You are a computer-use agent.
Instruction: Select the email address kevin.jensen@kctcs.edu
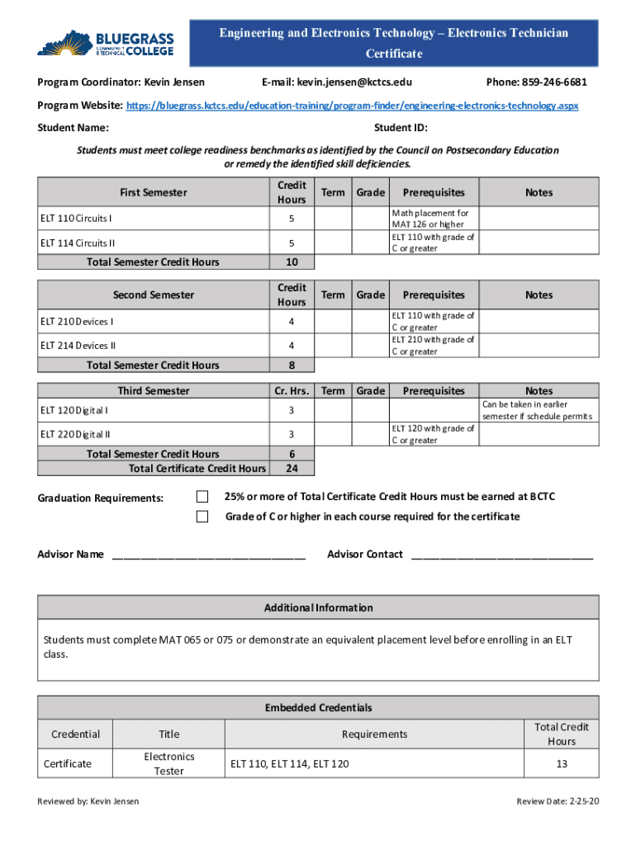click(349, 83)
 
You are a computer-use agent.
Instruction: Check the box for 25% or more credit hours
click(202, 496)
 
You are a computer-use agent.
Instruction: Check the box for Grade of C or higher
click(202, 517)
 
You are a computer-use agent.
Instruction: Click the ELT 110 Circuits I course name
click(76, 219)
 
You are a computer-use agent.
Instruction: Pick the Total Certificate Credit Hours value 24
click(292, 469)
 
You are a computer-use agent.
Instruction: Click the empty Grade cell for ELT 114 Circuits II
click(370, 243)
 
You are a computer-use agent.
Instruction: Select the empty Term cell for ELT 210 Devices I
click(333, 321)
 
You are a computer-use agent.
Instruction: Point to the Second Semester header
click(154, 295)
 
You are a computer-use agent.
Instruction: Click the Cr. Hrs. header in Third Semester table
click(292, 391)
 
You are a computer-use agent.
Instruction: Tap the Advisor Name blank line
click(208, 555)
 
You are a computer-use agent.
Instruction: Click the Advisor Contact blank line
click(501, 555)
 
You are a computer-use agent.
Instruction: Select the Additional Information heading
click(318, 607)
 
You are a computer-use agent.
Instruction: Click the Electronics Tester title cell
click(169, 763)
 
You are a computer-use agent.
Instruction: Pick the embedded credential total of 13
click(562, 763)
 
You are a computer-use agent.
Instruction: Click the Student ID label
click(401, 128)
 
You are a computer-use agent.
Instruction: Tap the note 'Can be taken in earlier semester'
click(538, 410)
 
